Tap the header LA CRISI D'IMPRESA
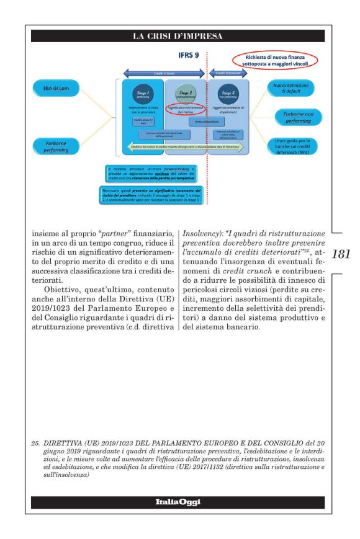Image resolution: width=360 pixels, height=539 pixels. [x=180, y=37]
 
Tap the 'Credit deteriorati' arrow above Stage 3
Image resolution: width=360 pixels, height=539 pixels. [x=227, y=73]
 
